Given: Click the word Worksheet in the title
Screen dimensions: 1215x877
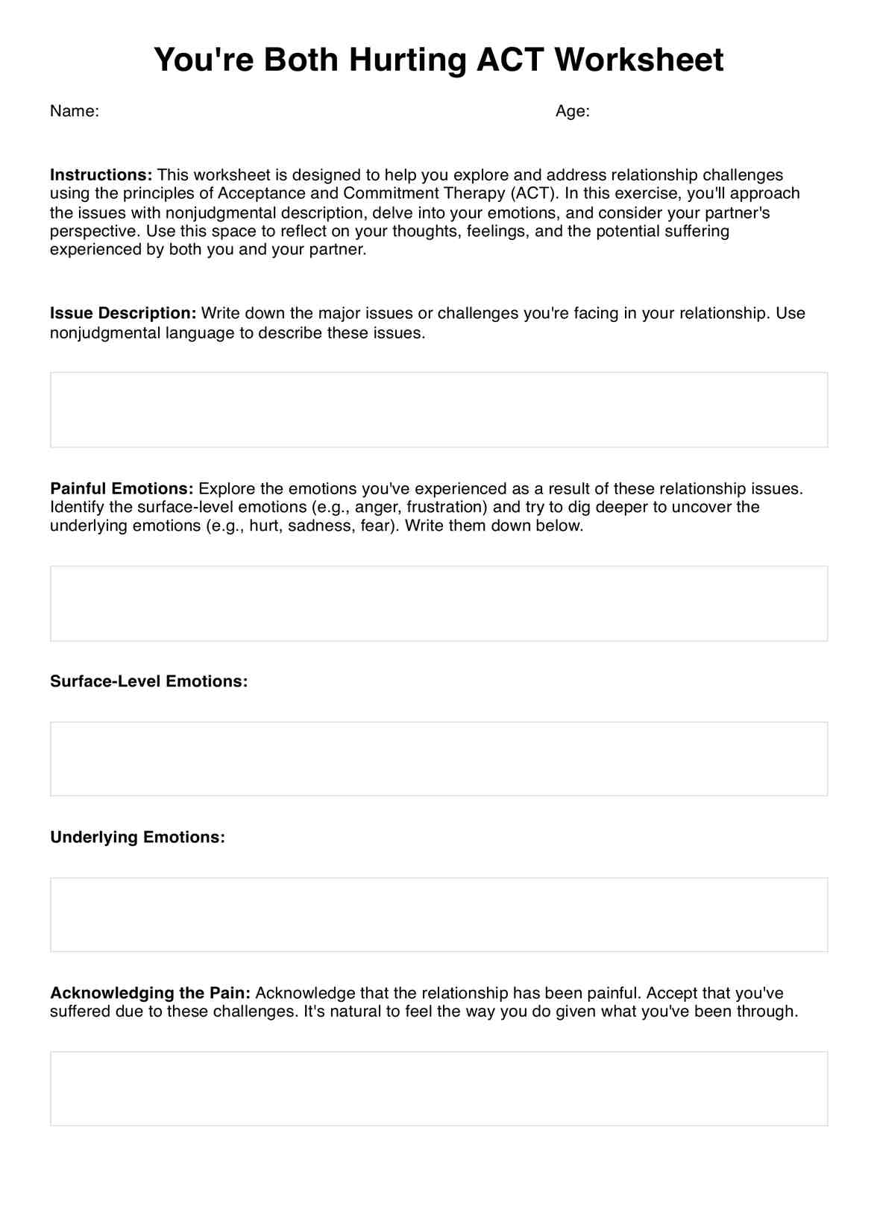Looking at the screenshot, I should click(638, 60).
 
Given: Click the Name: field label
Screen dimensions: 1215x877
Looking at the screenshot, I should click(75, 111).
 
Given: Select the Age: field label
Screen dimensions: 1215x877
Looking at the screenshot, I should click(572, 111).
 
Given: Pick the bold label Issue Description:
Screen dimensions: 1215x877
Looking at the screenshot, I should click(123, 313).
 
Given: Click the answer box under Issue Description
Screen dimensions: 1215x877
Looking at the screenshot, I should click(438, 410).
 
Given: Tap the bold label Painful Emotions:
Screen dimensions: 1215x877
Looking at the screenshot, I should click(122, 489).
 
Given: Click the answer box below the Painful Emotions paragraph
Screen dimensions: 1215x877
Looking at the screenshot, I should click(438, 604).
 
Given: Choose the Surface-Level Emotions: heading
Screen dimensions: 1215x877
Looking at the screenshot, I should click(148, 681).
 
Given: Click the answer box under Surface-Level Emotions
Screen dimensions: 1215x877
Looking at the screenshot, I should click(438, 759).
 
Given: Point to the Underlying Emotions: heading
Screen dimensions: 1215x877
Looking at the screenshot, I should click(137, 837).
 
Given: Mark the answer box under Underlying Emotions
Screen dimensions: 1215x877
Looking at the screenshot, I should click(438, 915).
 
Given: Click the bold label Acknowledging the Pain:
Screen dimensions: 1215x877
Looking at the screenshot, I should click(150, 993).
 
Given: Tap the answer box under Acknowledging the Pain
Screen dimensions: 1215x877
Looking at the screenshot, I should click(438, 1088).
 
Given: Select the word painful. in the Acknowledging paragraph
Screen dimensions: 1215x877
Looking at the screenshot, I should click(614, 993).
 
